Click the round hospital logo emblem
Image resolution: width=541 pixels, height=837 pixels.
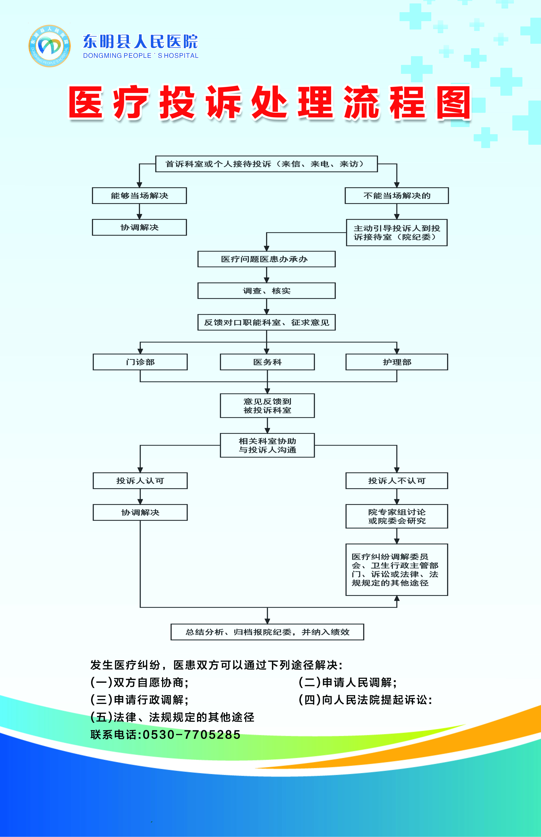click(49, 46)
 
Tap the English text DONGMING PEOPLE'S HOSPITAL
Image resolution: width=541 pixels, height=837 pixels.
click(141, 56)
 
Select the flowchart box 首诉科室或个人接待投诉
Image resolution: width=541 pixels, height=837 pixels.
click(266, 164)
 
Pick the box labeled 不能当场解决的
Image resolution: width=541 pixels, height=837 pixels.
click(397, 196)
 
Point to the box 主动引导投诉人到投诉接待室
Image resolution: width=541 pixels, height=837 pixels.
click(397, 232)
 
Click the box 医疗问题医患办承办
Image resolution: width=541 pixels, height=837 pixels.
click(266, 259)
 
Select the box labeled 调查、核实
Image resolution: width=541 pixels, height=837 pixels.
click(266, 291)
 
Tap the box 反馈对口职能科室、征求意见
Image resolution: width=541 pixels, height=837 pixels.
click(266, 322)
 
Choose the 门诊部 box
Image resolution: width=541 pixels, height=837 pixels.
click(140, 362)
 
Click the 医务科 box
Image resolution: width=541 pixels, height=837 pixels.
click(267, 362)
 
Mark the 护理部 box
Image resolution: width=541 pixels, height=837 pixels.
click(397, 362)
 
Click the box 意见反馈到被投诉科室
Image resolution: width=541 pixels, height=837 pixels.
click(267, 405)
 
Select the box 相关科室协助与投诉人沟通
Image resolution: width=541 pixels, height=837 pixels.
click(267, 445)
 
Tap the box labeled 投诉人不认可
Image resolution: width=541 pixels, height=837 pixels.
click(397, 481)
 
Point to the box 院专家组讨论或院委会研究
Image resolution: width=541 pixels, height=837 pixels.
click(397, 516)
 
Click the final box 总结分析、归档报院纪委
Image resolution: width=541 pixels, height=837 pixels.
click(267, 632)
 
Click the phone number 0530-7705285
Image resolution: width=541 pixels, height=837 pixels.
click(191, 735)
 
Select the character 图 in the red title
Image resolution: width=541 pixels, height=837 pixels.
click(453, 103)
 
